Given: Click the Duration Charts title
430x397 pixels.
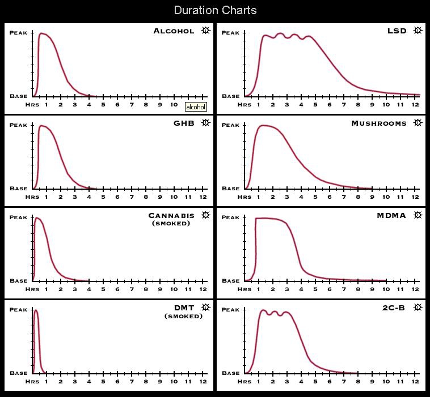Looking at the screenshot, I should pos(215,10).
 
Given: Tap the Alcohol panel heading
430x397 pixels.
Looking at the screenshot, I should pos(174,31).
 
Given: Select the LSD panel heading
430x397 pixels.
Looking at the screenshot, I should pos(397,31).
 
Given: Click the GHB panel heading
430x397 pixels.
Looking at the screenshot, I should pos(184,123).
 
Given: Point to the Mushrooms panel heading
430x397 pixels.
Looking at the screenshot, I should pos(378,123).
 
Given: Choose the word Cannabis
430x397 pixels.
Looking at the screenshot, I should pos(171,215).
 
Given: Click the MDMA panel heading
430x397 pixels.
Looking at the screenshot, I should pos(391,215).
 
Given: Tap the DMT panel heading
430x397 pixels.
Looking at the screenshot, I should pos(184,308).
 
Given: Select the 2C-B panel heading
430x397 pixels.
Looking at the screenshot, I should pos(394,308).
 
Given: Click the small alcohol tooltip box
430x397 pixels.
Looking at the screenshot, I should pos(196,106).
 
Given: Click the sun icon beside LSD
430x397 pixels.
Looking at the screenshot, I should pos(418,31).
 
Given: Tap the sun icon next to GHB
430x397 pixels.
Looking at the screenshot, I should pos(205,123).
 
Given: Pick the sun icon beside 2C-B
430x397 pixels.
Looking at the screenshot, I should pos(418,308).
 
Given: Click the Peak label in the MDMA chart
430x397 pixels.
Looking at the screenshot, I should pos(230,217).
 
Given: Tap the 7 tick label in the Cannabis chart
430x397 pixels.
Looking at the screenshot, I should pos(132,289).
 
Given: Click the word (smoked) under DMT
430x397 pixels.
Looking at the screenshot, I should pos(183,316).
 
